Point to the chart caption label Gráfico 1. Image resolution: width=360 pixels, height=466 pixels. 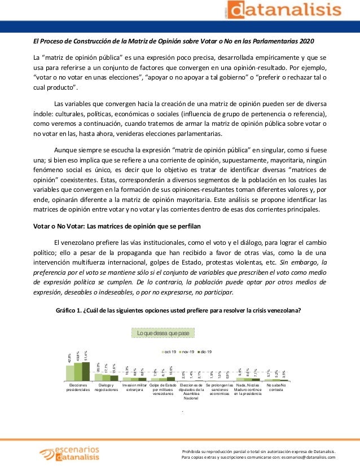(69, 310)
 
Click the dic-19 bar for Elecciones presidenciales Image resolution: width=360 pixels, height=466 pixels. (86, 372)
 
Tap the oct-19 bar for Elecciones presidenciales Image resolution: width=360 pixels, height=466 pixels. (70, 374)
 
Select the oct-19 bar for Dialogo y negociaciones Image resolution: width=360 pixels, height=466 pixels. (98, 379)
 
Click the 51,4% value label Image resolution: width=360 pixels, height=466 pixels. (86, 356)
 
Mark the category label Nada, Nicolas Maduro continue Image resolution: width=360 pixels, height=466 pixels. (248, 389)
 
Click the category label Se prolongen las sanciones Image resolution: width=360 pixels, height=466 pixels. (219, 389)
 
